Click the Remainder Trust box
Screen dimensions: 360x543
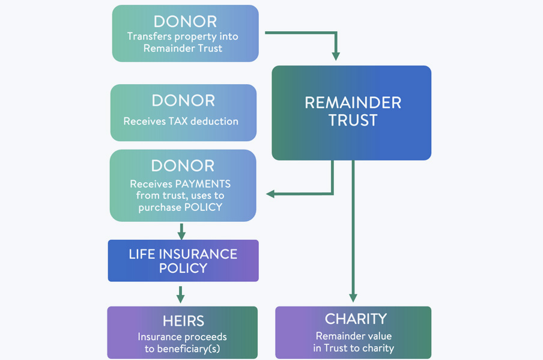pos(351,112)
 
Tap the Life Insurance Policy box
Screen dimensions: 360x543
pos(183,261)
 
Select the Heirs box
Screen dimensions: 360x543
pos(183,332)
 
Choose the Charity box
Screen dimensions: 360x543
pos(353,332)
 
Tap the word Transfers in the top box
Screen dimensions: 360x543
pos(147,37)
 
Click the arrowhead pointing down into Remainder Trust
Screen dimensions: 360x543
pos(336,56)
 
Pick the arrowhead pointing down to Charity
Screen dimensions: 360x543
pos(353,297)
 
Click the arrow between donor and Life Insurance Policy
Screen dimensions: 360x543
pos(181,231)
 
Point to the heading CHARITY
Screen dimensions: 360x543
pos(356,319)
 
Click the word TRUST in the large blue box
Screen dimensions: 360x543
pos(353,120)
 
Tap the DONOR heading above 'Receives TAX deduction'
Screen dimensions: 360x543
pos(183,100)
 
